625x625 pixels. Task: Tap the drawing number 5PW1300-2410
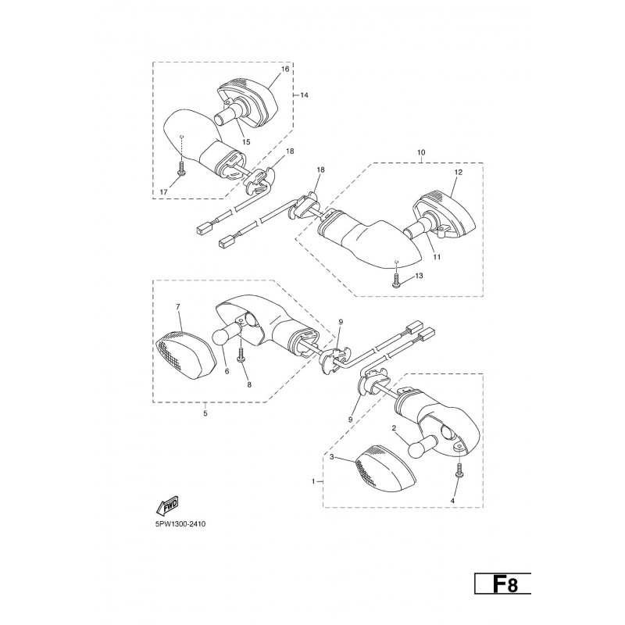click(x=180, y=524)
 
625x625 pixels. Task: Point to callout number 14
click(x=304, y=95)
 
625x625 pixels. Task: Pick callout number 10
click(x=421, y=152)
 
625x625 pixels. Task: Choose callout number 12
click(x=458, y=172)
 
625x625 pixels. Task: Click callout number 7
click(x=178, y=306)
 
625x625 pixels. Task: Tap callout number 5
click(x=205, y=413)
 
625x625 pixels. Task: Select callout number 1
click(x=314, y=481)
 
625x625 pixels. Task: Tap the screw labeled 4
click(x=459, y=470)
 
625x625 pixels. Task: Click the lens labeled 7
click(x=186, y=355)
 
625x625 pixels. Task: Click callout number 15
click(x=246, y=142)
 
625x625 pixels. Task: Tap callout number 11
click(x=437, y=257)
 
